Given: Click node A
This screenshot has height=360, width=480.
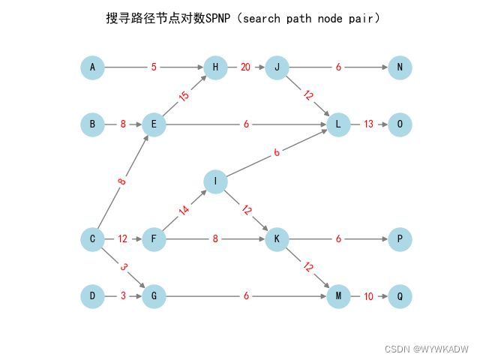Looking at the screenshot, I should pos(92,67).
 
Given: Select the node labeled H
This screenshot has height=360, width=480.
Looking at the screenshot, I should pos(215,67).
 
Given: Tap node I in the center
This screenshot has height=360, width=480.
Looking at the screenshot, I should pos(215,181).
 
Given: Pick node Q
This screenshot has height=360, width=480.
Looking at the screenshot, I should pos(400,296).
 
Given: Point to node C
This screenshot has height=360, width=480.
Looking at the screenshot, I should pos(92,239).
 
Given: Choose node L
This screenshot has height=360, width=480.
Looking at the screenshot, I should pos(338,124).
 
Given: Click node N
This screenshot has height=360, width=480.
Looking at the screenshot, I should pos(400,67).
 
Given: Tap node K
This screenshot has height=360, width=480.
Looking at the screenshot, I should pos(277,239).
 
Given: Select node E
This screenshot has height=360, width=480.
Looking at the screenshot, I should pos(154,124).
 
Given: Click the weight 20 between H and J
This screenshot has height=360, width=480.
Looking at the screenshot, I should pos(245,67).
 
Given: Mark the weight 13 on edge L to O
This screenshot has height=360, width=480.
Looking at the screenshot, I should pos(368,124).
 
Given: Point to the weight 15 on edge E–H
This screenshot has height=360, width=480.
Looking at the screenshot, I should pos(184,96).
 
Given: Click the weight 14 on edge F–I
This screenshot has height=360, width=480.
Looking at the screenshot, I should pos(184,211).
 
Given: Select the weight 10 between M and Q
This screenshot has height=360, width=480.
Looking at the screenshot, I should pos(368,296).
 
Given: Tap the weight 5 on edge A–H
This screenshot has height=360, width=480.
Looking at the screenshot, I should pos(154,67).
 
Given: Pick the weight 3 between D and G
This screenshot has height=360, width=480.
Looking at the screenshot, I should pos(123,296).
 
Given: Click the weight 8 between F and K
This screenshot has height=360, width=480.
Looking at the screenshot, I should pos(215,239).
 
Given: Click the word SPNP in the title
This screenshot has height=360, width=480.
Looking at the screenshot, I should pos(217,17).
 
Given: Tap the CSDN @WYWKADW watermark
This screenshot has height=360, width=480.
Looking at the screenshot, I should pos(426,349).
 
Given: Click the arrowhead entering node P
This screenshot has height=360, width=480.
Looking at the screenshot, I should pos(383,239).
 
